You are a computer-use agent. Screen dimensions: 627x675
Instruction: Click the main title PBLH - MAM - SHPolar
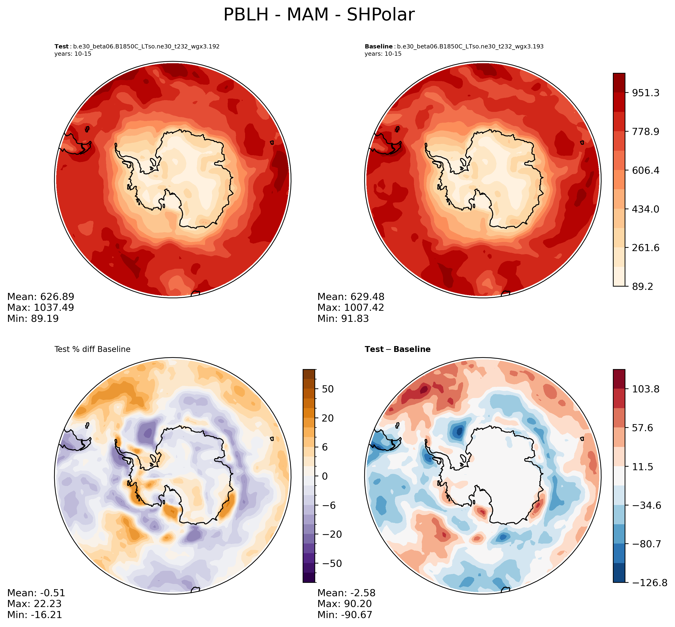(319, 15)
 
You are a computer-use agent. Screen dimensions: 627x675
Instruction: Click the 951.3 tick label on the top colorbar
(645, 93)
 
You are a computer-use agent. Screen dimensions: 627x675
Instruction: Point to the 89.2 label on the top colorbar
(642, 287)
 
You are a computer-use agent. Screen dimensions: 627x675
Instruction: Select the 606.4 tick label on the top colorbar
(645, 170)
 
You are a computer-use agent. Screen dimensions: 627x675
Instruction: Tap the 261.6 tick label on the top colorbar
(645, 248)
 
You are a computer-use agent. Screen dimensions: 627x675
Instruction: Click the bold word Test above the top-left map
(61, 47)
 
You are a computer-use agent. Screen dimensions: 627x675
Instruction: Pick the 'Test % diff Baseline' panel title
(92, 349)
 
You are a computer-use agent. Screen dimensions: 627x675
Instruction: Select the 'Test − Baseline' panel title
(397, 349)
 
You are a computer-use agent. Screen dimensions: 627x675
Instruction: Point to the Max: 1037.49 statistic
(40, 308)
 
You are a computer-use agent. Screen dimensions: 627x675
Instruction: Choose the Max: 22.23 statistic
(34, 603)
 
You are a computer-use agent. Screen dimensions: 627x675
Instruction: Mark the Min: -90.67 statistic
(345, 615)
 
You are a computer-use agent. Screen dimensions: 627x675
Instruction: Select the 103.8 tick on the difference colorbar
(645, 389)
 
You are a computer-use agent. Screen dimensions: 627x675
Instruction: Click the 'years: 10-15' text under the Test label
(73, 54)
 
